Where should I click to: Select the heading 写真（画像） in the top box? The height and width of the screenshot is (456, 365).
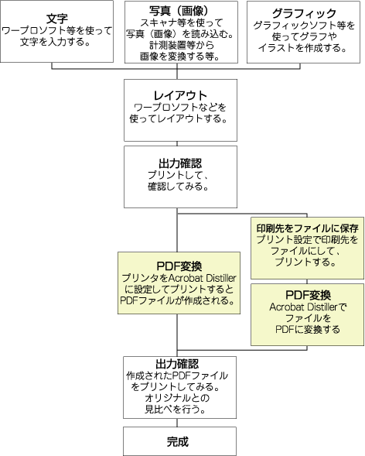click(x=179, y=12)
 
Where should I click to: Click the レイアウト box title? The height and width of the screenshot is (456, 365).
click(x=179, y=94)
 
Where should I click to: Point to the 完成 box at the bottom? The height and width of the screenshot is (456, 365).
click(x=179, y=442)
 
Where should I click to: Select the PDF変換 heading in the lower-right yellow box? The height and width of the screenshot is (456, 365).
click(x=307, y=295)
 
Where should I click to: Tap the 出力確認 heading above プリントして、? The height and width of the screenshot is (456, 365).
click(x=179, y=163)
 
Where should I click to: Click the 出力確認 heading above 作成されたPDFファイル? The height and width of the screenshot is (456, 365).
click(x=179, y=363)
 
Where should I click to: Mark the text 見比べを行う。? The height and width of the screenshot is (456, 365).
click(x=179, y=409)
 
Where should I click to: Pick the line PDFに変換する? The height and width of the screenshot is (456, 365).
click(x=307, y=329)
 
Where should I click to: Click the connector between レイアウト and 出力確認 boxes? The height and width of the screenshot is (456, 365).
click(x=179, y=137)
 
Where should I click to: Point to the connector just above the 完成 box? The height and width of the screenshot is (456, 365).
click(x=179, y=423)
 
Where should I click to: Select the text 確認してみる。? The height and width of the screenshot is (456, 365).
click(x=179, y=187)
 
